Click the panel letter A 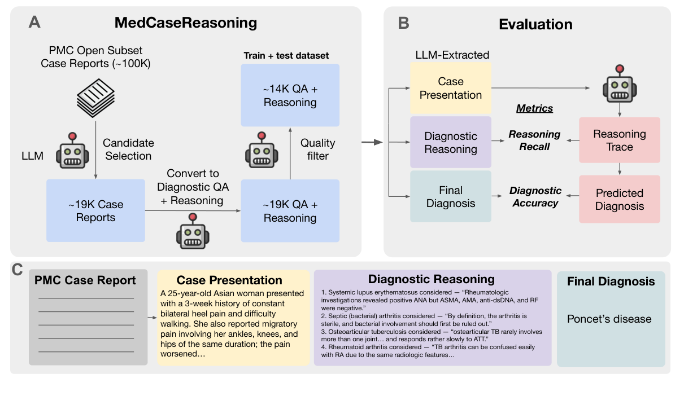[x=34, y=23]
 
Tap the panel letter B [x=404, y=23]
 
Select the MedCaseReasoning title [x=186, y=23]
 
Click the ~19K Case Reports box [x=95, y=211]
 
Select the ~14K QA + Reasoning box [x=290, y=95]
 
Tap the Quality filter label [x=317, y=149]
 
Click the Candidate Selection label [x=128, y=149]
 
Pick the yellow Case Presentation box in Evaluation [x=450, y=88]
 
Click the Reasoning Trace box [x=620, y=140]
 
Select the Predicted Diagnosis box [x=620, y=199]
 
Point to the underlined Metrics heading [x=534, y=108]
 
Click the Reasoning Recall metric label [x=534, y=140]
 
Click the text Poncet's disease [x=609, y=319]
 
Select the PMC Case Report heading [x=85, y=281]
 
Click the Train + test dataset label [x=286, y=55]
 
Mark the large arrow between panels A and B [x=372, y=143]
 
